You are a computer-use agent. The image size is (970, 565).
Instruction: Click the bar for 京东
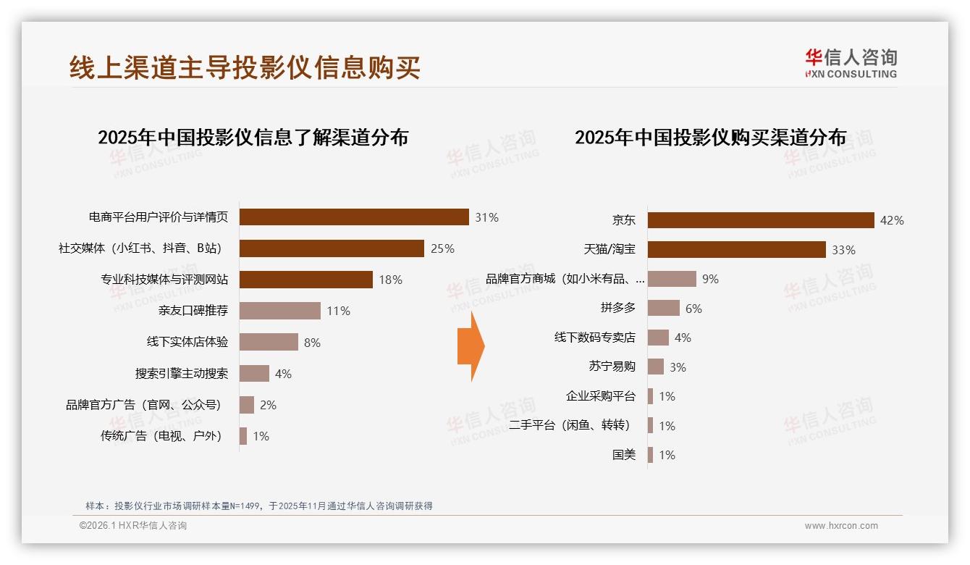coord(761,220)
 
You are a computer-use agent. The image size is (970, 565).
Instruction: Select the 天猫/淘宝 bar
coord(736,249)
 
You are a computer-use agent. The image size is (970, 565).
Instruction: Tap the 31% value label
coord(486,217)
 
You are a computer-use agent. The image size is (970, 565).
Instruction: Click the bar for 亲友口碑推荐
coord(279,311)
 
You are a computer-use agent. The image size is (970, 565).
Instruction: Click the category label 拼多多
coord(617,308)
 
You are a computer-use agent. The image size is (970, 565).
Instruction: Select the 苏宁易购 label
coord(612,367)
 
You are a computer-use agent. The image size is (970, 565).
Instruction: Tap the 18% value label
coord(390,280)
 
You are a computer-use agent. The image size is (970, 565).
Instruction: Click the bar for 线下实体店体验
coord(269,342)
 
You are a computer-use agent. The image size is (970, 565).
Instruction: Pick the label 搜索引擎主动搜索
coord(181,374)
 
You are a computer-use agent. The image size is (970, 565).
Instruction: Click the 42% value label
coord(892,220)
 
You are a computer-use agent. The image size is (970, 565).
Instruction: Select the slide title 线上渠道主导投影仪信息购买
coord(245,67)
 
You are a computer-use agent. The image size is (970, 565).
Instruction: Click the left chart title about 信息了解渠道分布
coord(253,137)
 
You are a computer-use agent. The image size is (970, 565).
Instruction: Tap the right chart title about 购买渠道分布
coord(710,137)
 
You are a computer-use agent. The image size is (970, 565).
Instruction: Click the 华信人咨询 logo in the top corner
coord(851,63)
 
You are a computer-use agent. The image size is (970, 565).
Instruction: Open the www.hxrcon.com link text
coord(841,526)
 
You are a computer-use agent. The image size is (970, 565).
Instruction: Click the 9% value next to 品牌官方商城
coord(710,279)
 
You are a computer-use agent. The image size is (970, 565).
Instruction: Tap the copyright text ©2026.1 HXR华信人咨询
coord(132,526)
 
